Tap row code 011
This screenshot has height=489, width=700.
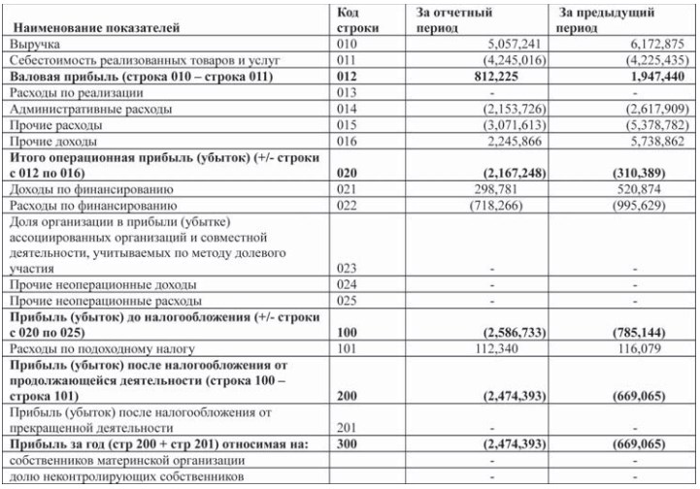[348, 60]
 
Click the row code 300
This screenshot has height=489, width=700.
[348, 442]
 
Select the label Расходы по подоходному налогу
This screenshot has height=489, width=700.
[101, 347]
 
